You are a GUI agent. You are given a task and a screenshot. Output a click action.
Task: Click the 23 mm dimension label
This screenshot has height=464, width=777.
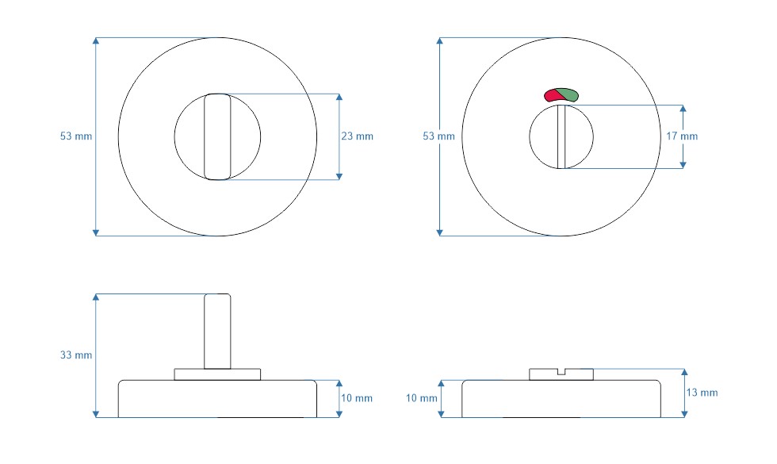click(x=357, y=136)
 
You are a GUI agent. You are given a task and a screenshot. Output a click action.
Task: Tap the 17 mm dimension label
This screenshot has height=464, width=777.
click(x=682, y=136)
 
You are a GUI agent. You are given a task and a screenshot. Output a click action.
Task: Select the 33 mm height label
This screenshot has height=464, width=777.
click(x=76, y=355)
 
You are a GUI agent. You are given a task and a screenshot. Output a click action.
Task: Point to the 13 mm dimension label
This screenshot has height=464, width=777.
click(x=702, y=393)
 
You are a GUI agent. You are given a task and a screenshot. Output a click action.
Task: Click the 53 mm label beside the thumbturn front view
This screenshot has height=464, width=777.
click(x=76, y=136)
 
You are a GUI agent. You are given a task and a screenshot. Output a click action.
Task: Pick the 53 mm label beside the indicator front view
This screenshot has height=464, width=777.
click(x=438, y=136)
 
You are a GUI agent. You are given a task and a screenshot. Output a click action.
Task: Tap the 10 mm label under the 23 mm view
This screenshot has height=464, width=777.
click(x=357, y=398)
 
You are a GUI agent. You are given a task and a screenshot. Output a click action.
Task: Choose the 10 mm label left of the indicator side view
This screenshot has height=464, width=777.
click(x=422, y=398)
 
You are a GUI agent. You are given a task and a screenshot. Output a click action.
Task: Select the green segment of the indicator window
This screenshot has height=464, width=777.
click(x=568, y=94)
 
